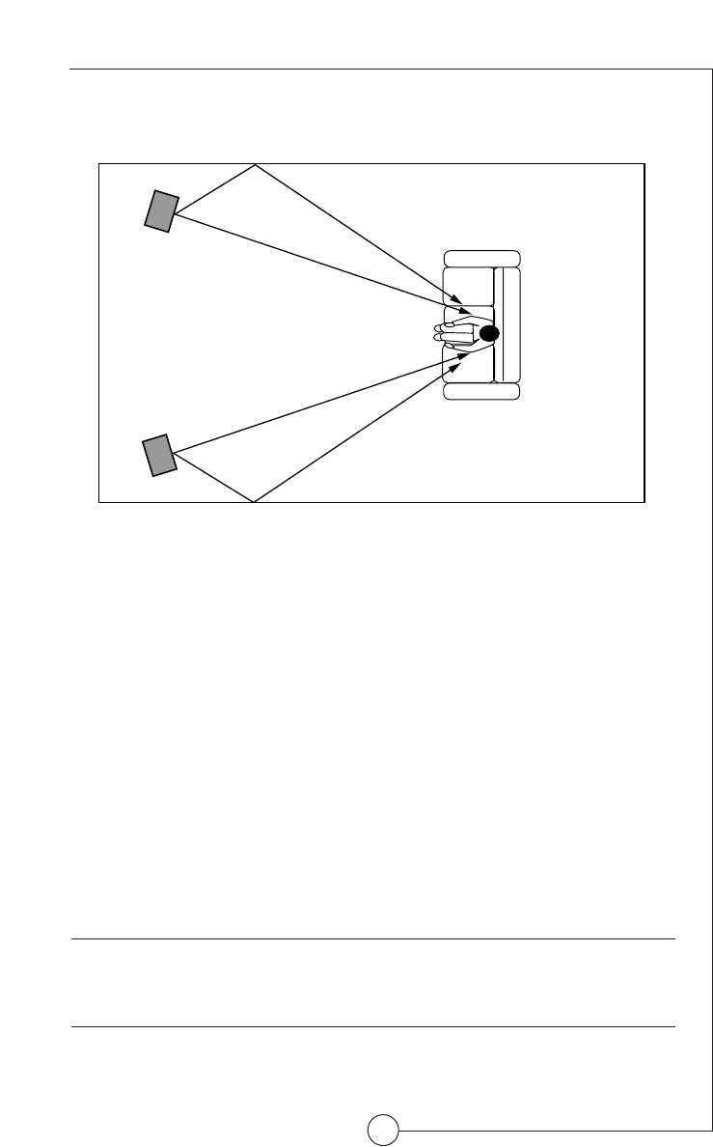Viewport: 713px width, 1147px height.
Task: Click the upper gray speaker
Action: click(161, 210)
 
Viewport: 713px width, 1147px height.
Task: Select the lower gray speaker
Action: click(160, 455)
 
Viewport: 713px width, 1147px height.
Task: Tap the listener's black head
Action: click(488, 334)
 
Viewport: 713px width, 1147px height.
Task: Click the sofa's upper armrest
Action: click(481, 258)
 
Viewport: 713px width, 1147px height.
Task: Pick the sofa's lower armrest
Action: click(481, 391)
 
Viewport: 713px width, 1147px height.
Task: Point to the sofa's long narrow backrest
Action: click(507, 324)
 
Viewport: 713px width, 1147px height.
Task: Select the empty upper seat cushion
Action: click(467, 286)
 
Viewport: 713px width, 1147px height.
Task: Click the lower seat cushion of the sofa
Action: click(467, 363)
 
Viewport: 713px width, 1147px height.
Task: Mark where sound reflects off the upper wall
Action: click(255, 165)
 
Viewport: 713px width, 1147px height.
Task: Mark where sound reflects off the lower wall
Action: click(254, 501)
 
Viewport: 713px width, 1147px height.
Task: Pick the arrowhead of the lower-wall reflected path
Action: click(467, 356)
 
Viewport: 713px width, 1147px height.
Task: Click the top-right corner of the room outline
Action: click(644, 164)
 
